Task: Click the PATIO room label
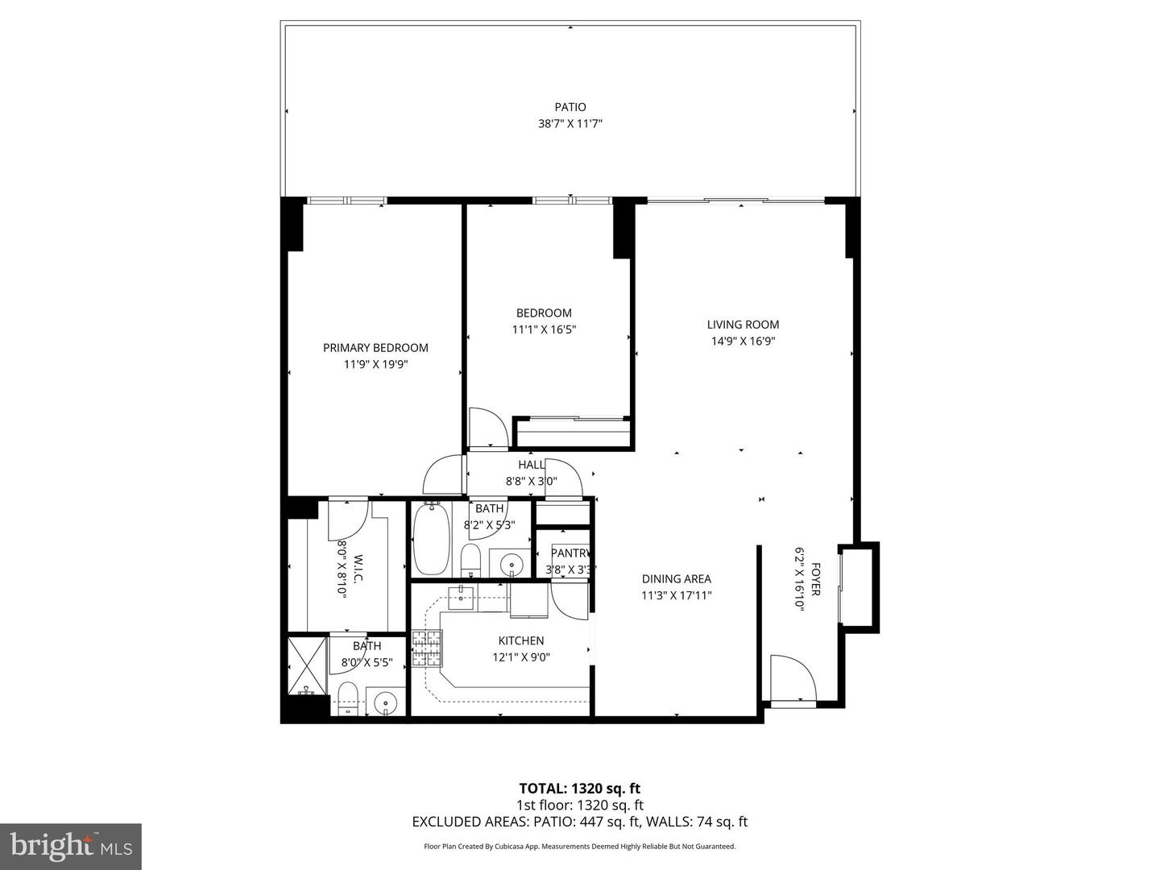[570, 107]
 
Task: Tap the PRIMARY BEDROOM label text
[375, 348]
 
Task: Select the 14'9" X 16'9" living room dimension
[743, 341]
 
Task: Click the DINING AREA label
[676, 578]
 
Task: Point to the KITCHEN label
[520, 640]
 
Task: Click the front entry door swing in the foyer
[791, 678]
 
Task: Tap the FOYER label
[815, 580]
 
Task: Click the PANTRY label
[571, 553]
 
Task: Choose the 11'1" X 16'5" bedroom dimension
[544, 329]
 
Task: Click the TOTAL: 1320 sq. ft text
[579, 788]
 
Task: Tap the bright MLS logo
[71, 846]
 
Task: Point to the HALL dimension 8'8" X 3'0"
[531, 481]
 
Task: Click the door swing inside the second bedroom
[487, 428]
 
